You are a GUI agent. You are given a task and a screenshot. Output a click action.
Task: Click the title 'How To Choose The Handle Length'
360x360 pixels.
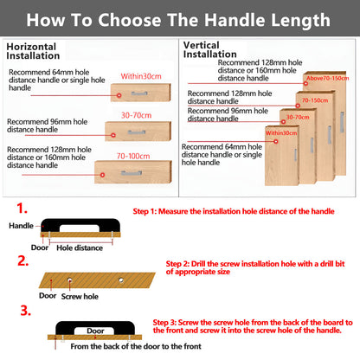(x=180, y=17)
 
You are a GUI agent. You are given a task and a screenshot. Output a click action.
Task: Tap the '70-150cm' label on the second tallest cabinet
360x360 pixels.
(x=314, y=100)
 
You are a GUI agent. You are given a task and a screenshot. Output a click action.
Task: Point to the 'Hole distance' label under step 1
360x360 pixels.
(x=79, y=247)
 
